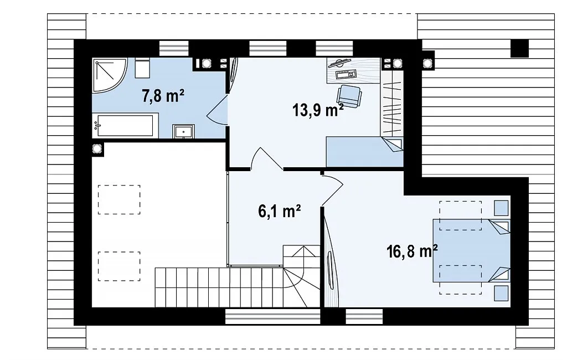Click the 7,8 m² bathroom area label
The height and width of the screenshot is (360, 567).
(x=163, y=96)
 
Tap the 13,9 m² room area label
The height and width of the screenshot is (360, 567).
(x=318, y=110)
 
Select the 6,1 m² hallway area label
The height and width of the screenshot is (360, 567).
(x=280, y=211)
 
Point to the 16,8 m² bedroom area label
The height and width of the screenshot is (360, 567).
(x=412, y=251)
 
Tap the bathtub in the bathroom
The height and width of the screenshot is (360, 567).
(x=125, y=126)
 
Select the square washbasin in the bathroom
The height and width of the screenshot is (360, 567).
(x=184, y=131)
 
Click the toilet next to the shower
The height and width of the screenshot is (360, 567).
(x=142, y=68)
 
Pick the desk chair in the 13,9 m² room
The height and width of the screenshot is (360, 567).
(x=349, y=96)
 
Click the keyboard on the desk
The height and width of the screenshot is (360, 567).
(x=346, y=75)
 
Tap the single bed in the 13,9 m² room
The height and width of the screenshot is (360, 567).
(x=364, y=152)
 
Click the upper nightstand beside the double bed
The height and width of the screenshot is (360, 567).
(x=502, y=208)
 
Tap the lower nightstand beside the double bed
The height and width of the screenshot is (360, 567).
(x=502, y=294)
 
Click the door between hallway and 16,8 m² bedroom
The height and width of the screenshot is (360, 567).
(x=333, y=191)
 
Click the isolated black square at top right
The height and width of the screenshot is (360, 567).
(x=519, y=48)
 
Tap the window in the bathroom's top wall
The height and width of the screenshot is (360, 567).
(x=174, y=49)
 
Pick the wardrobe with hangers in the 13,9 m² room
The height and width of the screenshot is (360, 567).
(x=392, y=103)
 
